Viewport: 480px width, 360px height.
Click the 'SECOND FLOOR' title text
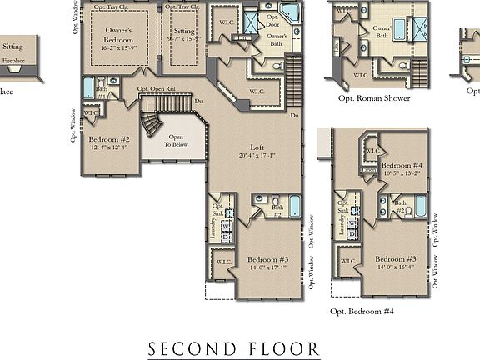pyautogui.click(x=234, y=347)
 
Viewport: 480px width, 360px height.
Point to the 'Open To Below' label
pyautogui.click(x=176, y=141)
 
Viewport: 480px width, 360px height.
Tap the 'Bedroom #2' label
pyautogui.click(x=109, y=139)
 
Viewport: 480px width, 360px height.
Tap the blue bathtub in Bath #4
pyautogui.click(x=89, y=89)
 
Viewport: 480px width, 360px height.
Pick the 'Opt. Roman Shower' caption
pyautogui.click(x=374, y=97)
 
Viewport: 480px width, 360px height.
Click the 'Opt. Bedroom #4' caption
pyautogui.click(x=362, y=311)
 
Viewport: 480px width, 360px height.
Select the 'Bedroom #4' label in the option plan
pyautogui.click(x=401, y=167)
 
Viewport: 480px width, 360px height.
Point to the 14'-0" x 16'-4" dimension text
pyautogui.click(x=395, y=267)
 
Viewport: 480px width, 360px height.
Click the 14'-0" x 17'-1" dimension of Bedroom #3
pyautogui.click(x=266, y=268)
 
